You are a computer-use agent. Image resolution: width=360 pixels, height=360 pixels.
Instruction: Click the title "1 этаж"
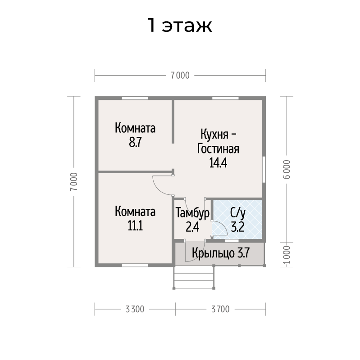180,25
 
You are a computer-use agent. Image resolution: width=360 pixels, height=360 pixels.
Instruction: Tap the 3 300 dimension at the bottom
135,309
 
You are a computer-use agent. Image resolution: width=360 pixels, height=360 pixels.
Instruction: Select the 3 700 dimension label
220,309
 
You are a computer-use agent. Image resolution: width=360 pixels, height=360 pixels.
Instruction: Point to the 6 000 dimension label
287,169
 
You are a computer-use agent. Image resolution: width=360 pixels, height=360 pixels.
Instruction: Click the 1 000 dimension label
287,255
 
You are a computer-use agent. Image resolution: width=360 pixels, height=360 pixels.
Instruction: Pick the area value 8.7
135,142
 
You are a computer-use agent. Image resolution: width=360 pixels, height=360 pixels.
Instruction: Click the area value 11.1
135,225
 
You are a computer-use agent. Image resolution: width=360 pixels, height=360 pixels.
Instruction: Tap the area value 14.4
218,163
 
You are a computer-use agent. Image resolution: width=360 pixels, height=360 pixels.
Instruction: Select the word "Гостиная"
218,148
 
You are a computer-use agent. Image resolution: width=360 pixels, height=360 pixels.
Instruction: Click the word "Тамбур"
192,212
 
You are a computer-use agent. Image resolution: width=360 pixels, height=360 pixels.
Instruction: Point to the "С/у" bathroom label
238,213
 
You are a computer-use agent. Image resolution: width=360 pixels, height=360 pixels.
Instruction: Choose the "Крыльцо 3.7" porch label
220,253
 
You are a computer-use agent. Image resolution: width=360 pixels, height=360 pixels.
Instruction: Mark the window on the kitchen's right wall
264,170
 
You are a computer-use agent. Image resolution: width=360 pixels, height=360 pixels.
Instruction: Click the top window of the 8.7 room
135,98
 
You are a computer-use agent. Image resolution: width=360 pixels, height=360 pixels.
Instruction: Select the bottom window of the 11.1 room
135,265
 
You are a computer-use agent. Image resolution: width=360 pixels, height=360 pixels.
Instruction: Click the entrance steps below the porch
194,277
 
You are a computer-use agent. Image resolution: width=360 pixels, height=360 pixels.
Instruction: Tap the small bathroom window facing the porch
232,241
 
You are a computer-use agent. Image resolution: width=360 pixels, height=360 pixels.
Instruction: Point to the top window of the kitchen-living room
225,98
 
